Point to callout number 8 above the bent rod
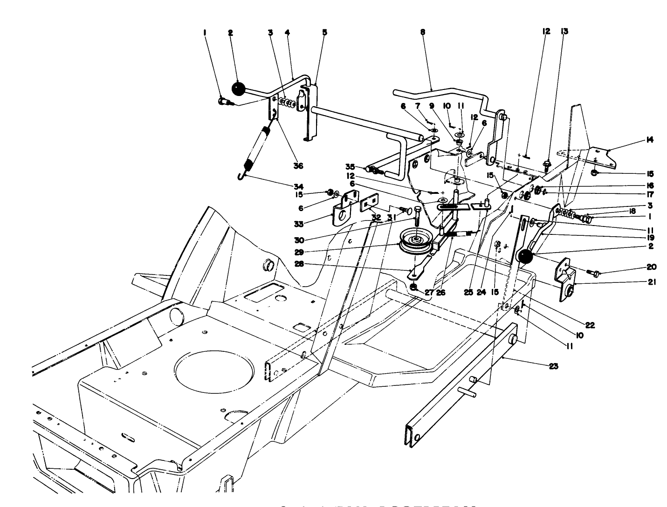(423, 33)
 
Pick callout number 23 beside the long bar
(553, 366)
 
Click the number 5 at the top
(325, 32)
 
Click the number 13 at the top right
(565, 31)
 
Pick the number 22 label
(590, 325)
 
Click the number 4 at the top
(287, 32)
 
